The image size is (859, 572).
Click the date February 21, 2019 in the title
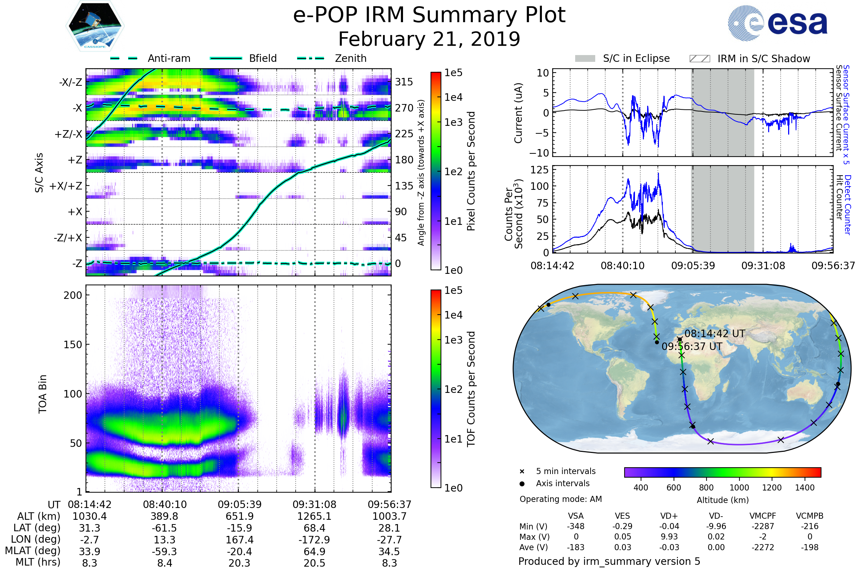tap(429, 39)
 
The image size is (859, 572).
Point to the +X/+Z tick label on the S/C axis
tap(66, 186)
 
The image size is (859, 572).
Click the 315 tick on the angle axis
tap(404, 82)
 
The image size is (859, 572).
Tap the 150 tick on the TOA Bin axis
tap(73, 345)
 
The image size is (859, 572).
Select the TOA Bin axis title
tap(42, 394)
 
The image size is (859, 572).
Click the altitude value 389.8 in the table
tap(164, 516)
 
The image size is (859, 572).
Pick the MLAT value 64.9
tap(314, 552)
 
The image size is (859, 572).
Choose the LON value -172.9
tap(314, 539)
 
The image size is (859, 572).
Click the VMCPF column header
tap(763, 516)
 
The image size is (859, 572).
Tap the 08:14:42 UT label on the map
tap(714, 334)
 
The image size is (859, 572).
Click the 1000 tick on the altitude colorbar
tap(739, 488)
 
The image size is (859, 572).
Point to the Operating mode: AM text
tap(560, 499)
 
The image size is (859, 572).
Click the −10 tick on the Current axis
tap(539, 153)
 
